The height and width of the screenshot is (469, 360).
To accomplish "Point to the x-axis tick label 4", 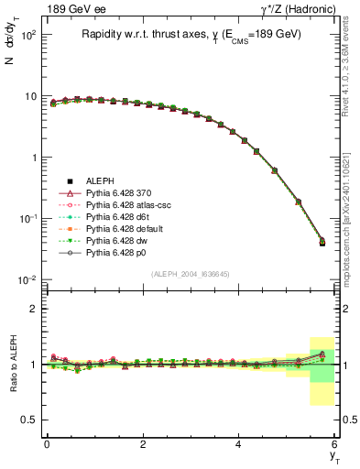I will click(x=239, y=444).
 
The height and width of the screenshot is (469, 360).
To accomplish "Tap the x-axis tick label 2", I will click(x=143, y=444).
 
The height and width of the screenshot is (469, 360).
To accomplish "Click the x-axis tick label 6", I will click(x=334, y=444).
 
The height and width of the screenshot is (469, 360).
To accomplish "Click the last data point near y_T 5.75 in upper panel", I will click(x=322, y=242).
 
